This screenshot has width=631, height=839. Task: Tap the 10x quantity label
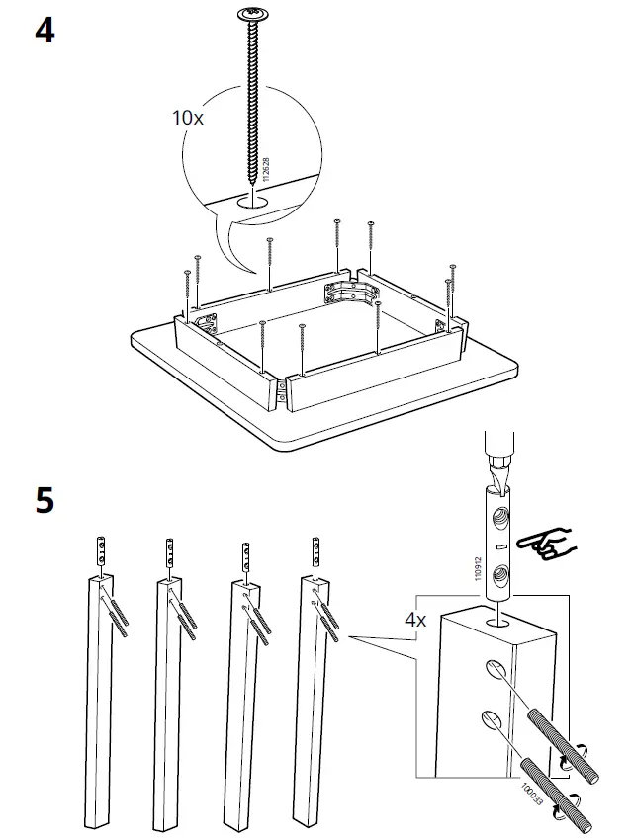point(187,117)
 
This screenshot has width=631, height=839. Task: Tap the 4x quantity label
point(415,621)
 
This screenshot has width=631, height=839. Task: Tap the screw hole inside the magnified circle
point(253,200)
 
